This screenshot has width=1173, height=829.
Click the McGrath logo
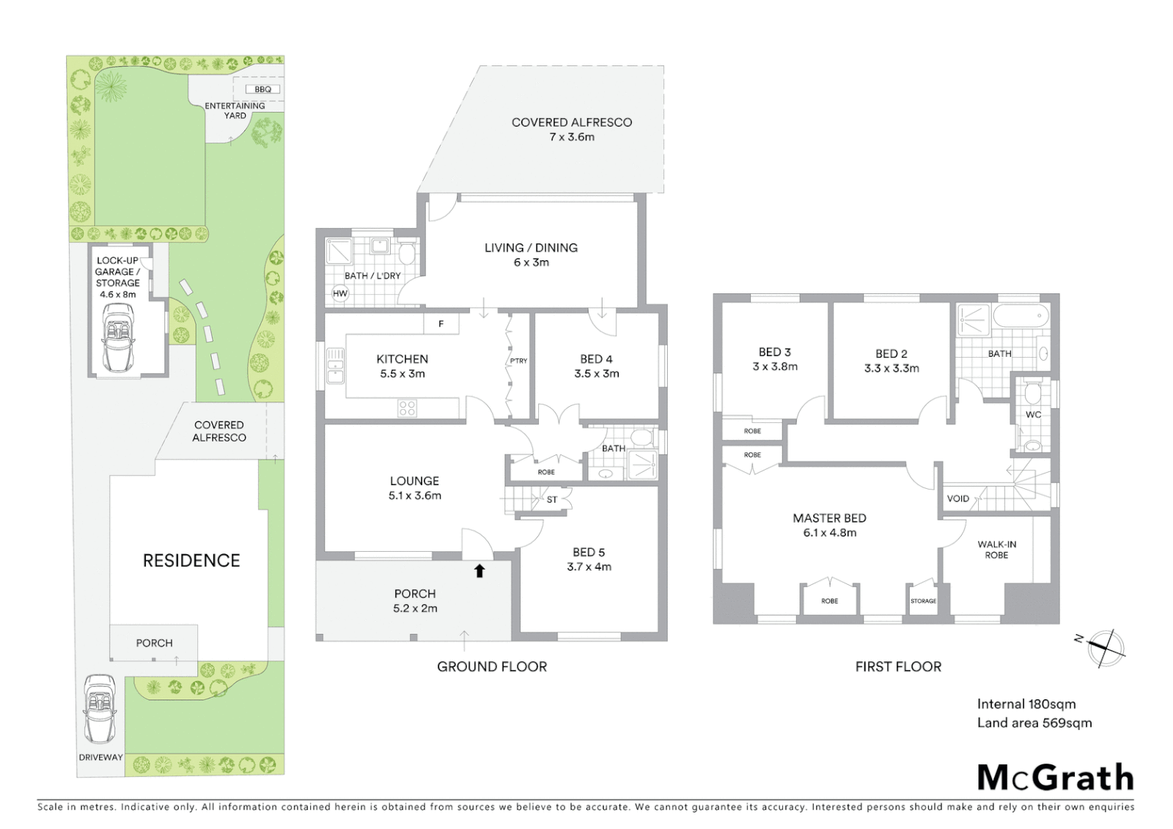pos(1056,778)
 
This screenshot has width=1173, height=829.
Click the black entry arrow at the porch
pos(479,570)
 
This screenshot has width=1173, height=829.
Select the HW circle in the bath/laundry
pos(340,293)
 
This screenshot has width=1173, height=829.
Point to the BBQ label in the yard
pos(263,89)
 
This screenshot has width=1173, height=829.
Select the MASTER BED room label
pos(829,518)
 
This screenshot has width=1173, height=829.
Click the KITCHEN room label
pos(402,358)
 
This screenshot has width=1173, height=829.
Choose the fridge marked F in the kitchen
pos(441,324)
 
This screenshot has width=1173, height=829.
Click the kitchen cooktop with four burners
pos(407,408)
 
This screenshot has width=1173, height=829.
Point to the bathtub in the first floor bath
pos(1019,315)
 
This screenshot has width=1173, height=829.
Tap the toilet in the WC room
pos(1033,395)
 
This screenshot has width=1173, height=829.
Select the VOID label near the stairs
pos(958,498)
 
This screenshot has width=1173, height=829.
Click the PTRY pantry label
pos(519,361)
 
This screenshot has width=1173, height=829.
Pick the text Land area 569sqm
pos(1034,722)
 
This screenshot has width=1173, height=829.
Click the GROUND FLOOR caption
pos(491,666)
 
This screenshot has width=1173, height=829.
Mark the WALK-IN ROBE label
pos(996,550)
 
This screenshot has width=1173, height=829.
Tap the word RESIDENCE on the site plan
pos(191,560)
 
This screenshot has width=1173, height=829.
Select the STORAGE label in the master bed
pos(923,601)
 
